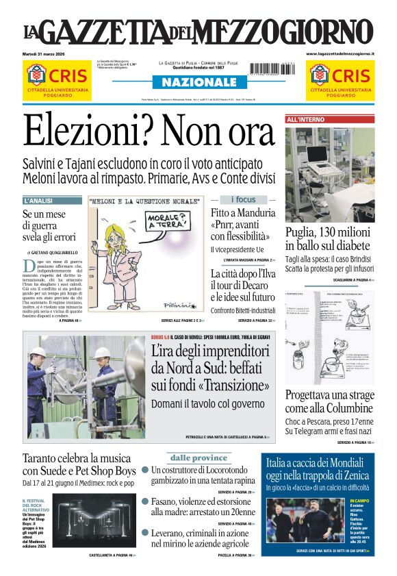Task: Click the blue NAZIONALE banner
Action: coord(198,82)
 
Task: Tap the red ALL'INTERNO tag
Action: coord(305,119)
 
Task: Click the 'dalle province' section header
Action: coord(198,458)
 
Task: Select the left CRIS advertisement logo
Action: coord(57,75)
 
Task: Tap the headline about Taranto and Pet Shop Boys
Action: coord(79,464)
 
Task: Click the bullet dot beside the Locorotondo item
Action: coord(145,470)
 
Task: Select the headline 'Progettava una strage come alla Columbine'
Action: coord(330,402)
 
